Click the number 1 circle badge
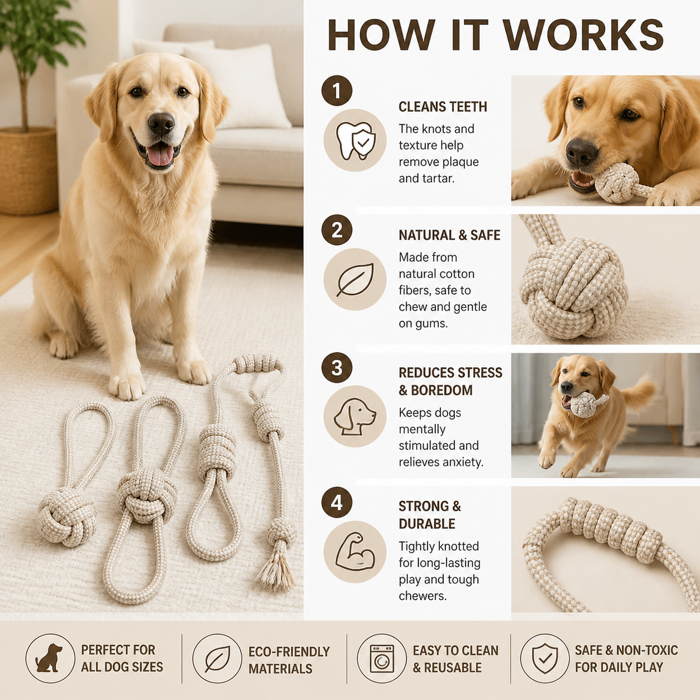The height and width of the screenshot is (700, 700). pyautogui.click(x=337, y=90)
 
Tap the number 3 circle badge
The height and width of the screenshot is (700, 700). pyautogui.click(x=337, y=367)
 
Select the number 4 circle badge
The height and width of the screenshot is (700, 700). pyautogui.click(x=337, y=502)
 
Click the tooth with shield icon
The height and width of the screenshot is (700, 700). pyautogui.click(x=355, y=140)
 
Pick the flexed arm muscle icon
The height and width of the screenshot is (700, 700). pyautogui.click(x=355, y=553)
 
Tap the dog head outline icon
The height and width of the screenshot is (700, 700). pyautogui.click(x=355, y=416)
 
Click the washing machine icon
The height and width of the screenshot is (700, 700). pyautogui.click(x=382, y=659)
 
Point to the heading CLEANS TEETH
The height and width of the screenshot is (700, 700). pyautogui.click(x=443, y=107)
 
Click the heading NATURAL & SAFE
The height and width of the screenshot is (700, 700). pyautogui.click(x=449, y=235)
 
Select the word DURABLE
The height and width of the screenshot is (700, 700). pyautogui.click(x=427, y=524)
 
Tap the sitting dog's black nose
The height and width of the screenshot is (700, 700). pyautogui.click(x=161, y=124)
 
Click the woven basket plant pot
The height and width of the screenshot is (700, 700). pyautogui.click(x=28, y=170)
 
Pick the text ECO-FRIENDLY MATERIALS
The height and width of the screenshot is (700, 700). pyautogui.click(x=289, y=660)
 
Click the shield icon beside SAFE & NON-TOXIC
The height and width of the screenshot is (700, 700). pyautogui.click(x=544, y=658)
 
